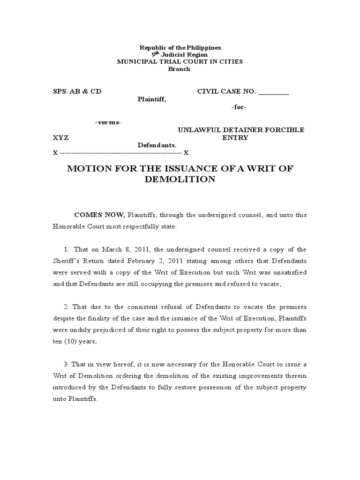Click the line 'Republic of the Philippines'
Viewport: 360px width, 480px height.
[x=180, y=48]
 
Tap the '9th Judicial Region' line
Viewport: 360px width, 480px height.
[x=180, y=55]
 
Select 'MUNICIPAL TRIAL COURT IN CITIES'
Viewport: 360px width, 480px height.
[x=180, y=62]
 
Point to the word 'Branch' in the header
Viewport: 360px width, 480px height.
[x=180, y=69]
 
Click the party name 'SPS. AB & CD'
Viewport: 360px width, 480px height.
[x=77, y=91]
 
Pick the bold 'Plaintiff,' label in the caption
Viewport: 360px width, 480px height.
[x=151, y=99]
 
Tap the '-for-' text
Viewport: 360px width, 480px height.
[x=239, y=107]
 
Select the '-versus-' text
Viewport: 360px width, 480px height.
[x=108, y=122]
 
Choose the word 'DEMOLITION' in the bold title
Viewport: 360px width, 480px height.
[x=180, y=180]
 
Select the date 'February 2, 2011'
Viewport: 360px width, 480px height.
[x=180, y=261]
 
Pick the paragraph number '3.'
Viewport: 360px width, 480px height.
[x=67, y=364]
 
